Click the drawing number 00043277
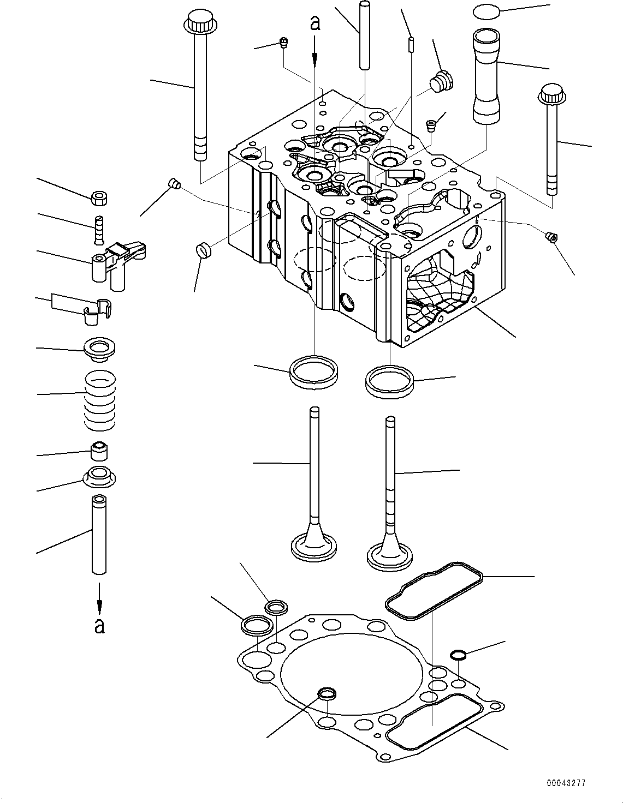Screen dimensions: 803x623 566,782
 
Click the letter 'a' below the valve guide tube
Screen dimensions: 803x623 99,625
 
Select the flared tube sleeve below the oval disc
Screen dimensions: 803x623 486,76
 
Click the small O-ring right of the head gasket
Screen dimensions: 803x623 458,655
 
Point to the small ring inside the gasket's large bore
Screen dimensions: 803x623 327,694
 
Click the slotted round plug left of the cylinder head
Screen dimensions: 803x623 203,251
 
